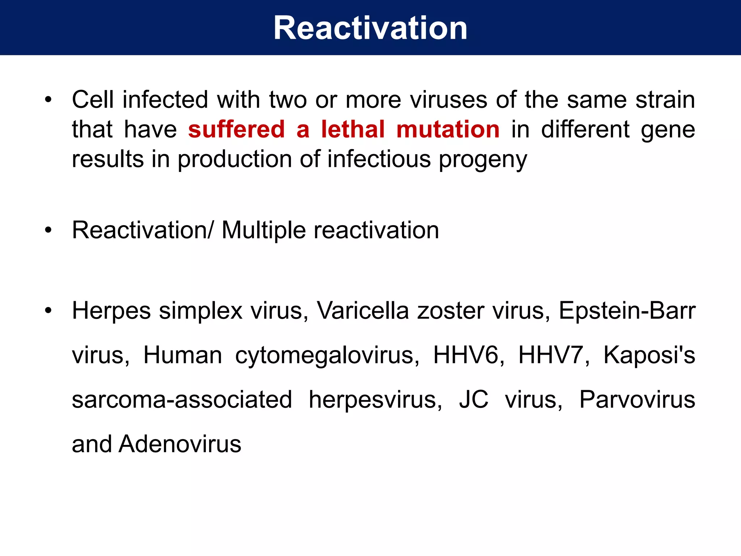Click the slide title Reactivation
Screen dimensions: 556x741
(370, 28)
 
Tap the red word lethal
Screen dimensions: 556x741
(353, 129)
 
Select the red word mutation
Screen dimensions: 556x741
(448, 129)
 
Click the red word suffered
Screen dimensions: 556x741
(237, 129)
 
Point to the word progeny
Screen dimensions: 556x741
(483, 160)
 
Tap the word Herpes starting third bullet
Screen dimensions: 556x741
(111, 311)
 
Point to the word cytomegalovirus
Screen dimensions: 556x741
(325, 355)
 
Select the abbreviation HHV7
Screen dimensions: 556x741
(551, 355)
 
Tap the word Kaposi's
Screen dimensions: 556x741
(649, 355)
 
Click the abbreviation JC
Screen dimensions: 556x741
(474, 399)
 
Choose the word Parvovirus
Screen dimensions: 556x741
(637, 399)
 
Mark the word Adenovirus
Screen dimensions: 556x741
(180, 444)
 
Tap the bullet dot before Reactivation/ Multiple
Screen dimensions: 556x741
(48, 230)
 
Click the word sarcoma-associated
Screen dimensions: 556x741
(182, 399)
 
